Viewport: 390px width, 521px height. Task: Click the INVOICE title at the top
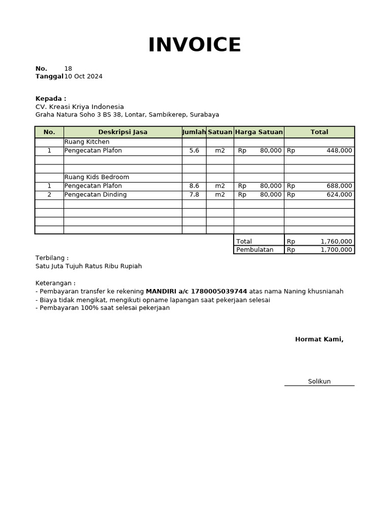[x=194, y=45]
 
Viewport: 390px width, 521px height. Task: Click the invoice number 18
[x=68, y=69]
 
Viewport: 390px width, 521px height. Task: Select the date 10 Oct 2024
[x=83, y=77]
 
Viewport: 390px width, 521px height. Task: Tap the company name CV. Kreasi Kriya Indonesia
[x=80, y=107]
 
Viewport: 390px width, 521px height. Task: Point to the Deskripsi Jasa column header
[x=123, y=132]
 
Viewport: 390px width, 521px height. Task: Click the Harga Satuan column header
[x=259, y=132]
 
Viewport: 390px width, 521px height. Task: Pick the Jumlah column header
[x=194, y=132]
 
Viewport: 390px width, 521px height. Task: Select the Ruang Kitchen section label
[x=87, y=142]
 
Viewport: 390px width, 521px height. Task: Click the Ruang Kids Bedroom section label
[x=96, y=177]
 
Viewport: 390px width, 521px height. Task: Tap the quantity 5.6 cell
[x=194, y=151]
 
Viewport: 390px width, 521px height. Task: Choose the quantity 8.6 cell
[x=194, y=186]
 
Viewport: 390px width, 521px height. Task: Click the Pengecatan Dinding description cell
[x=95, y=195]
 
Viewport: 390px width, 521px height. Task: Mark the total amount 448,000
[x=339, y=151]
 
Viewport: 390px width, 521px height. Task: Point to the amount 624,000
[x=339, y=195]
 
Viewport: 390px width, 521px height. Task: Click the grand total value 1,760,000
[x=336, y=242]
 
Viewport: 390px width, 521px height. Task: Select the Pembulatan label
[x=255, y=250]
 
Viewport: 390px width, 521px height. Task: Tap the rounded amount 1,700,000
[x=336, y=250]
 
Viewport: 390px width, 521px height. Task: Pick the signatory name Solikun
[x=319, y=382]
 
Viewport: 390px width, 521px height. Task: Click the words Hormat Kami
[x=319, y=339]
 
